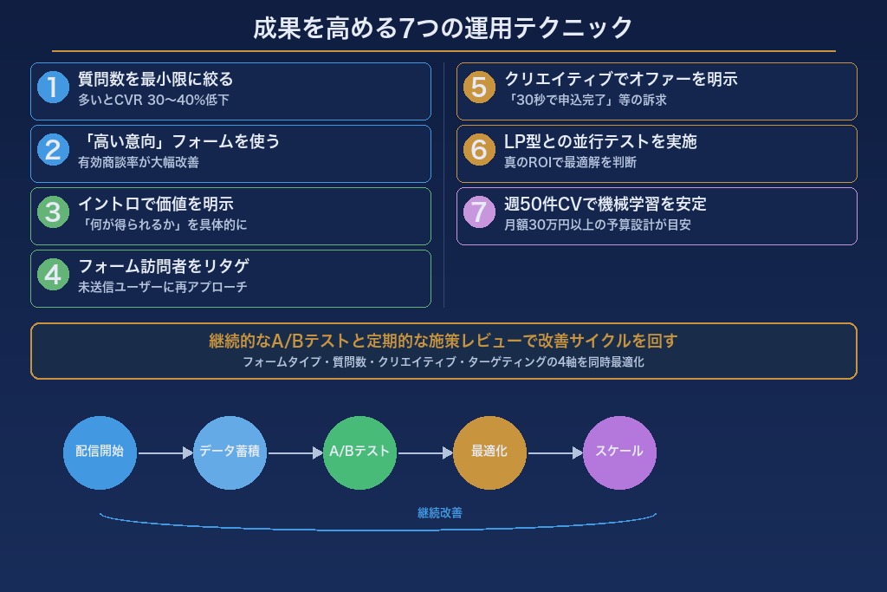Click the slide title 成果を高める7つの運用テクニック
pos(443,28)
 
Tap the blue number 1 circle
pos(53,88)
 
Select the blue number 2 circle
pos(53,150)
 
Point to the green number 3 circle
pos(53,212)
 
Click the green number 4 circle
pos(53,275)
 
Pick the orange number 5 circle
pos(479,88)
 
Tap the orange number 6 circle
pos(479,150)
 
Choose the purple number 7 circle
pos(479,212)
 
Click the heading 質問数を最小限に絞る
pos(156,79)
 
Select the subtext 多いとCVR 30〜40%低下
pos(153,100)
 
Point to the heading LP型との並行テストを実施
pos(600,141)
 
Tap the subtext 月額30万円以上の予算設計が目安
pos(597,224)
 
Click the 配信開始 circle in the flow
pos(100,452)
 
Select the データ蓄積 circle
pos(230,452)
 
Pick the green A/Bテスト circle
pos(359,452)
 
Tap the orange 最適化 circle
pos(489,452)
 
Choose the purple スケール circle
pos(619,452)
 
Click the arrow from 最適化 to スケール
pos(554,452)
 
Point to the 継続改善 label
pos(440,513)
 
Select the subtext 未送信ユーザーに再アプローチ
pos(163,287)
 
